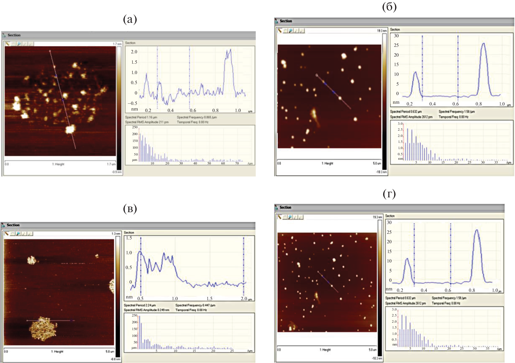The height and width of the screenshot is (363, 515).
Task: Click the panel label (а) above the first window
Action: tap(130, 20)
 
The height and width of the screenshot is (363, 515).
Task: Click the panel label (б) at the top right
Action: tap(389, 7)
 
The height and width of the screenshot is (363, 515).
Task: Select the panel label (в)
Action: tap(130, 209)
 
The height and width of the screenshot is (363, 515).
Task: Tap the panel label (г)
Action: tap(389, 194)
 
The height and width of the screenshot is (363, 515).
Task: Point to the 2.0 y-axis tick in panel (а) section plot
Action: tap(134, 52)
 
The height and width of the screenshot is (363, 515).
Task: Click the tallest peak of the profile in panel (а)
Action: tap(230, 50)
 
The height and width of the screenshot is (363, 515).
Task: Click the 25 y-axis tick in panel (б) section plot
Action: tap(396, 45)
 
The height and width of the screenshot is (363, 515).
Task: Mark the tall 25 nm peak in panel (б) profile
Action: tap(483, 44)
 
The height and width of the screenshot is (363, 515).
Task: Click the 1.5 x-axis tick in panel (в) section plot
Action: tap(209, 298)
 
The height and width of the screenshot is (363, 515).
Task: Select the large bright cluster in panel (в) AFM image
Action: tap(44, 332)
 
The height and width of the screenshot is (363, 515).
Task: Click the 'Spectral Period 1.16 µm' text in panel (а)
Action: tap(141, 117)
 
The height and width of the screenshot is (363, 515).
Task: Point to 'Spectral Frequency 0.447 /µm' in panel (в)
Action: tap(195, 305)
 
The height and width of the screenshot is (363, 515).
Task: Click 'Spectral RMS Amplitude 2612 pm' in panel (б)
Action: tap(411, 117)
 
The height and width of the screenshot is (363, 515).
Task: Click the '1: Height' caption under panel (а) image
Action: tap(58, 164)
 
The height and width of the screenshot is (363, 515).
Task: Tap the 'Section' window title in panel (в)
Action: tap(13, 225)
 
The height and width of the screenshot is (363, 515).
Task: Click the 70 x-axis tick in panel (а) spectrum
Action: tap(237, 163)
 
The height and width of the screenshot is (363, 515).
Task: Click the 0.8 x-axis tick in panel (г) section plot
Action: tap(472, 290)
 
